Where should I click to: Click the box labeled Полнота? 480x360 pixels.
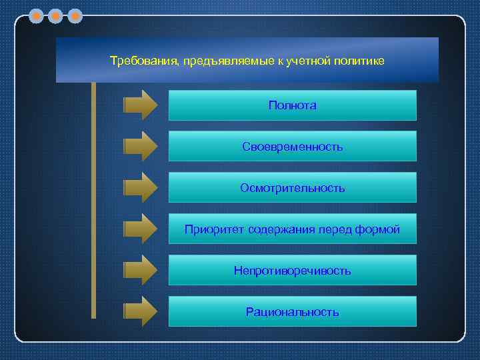[x=292, y=105]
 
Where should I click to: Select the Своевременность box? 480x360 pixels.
[x=292, y=147]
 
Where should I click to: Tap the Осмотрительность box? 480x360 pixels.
[x=292, y=188]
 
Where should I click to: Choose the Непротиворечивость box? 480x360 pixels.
[x=292, y=271]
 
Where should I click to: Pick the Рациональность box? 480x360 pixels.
[x=292, y=312]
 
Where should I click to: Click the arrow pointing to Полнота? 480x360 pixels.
[x=141, y=105]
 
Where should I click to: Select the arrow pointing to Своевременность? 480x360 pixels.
[x=141, y=147]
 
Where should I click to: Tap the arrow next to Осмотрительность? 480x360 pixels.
[x=141, y=188]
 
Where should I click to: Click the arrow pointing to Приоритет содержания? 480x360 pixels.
[x=141, y=229]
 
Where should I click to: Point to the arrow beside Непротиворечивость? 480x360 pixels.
[x=141, y=271]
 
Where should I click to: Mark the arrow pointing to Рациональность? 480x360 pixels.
[x=141, y=312]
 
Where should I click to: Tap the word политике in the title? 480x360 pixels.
[x=363, y=61]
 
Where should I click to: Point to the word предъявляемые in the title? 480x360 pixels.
[x=227, y=62]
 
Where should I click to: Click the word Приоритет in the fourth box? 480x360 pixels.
[x=214, y=229]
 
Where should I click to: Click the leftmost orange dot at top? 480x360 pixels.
[x=37, y=15]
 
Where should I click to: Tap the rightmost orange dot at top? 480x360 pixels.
[x=75, y=15]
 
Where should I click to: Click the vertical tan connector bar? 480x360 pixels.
[x=93, y=200]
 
